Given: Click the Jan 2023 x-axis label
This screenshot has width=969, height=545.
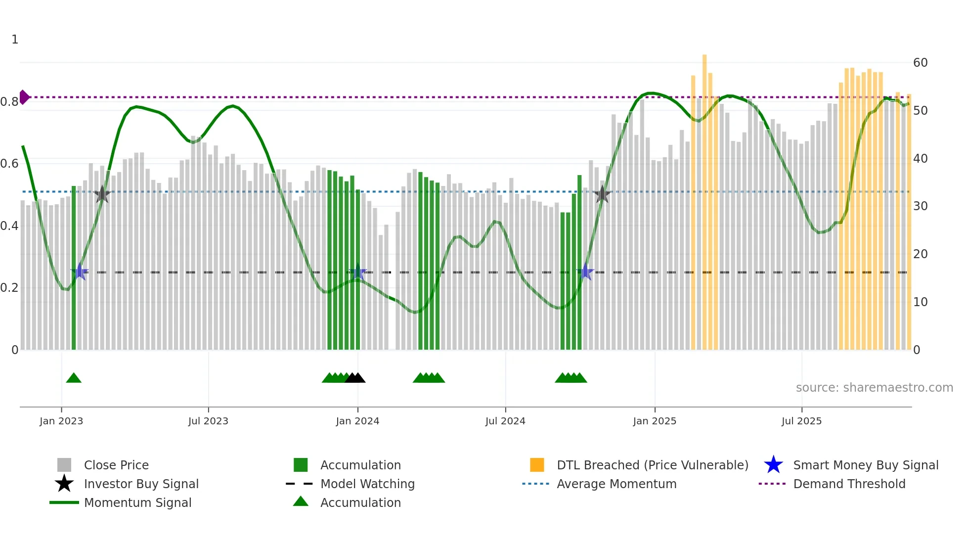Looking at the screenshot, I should click(61, 421).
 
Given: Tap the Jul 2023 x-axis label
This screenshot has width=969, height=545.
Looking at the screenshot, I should click(208, 421).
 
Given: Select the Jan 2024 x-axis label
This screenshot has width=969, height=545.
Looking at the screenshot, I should click(357, 421).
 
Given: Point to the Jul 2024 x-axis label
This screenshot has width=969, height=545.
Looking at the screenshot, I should click(505, 421).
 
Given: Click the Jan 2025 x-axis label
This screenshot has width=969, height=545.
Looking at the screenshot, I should click(655, 421).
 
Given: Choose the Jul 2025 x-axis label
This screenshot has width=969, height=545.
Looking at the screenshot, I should click(801, 421).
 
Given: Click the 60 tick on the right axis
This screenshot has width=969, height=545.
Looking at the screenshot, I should click(920, 63).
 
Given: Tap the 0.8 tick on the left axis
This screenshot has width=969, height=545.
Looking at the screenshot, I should click(9, 102).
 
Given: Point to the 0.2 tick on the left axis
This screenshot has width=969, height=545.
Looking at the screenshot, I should click(9, 288).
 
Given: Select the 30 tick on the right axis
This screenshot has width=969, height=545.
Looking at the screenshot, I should click(920, 206).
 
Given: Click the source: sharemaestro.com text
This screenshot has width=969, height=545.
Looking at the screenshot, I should click(874, 388).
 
